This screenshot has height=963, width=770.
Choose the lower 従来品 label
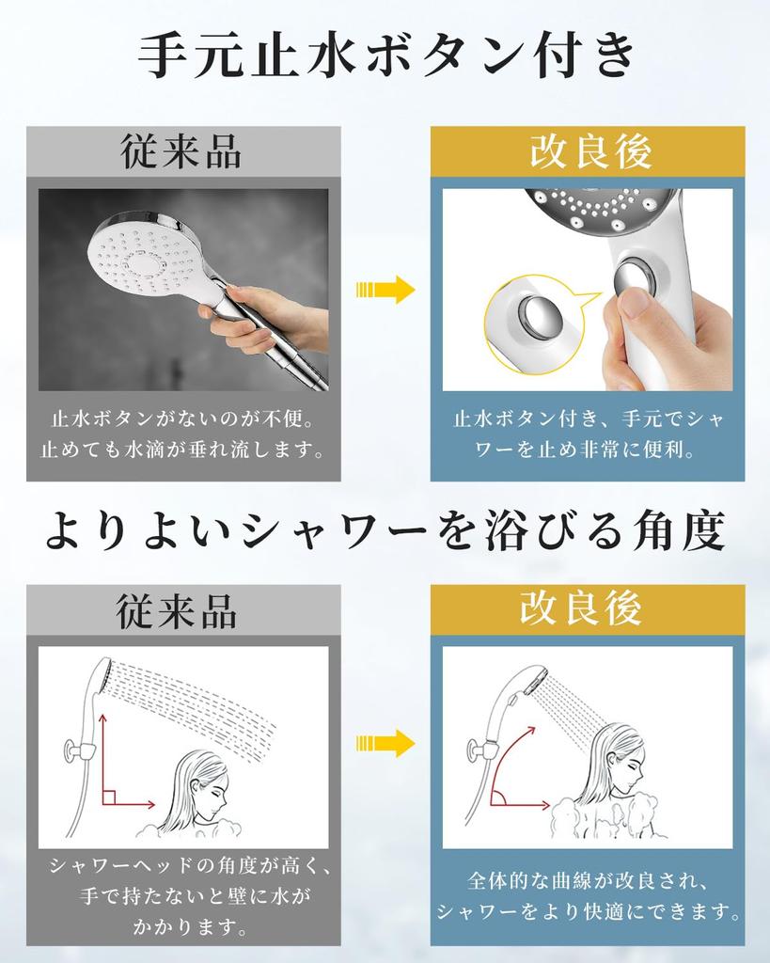point(178,610)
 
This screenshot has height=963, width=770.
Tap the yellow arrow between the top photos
point(385,290)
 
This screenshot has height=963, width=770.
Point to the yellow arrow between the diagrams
point(385,743)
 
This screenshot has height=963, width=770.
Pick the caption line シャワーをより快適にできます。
point(589,911)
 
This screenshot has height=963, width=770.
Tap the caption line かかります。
point(183,928)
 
